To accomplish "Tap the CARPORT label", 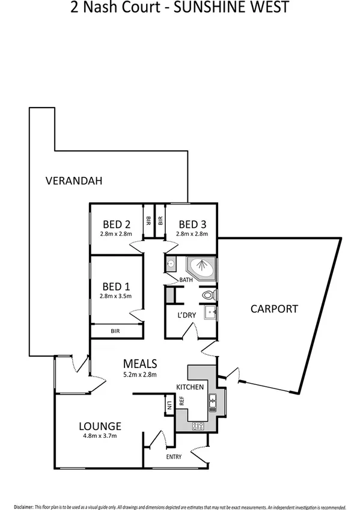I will tap(274, 309).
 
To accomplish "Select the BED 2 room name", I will tap(116, 224).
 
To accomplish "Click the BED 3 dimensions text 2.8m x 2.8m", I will tap(192, 234).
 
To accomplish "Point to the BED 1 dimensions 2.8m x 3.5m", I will tap(116, 295).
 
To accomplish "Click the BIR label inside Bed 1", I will tap(115, 331).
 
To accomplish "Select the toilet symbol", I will tap(209, 295).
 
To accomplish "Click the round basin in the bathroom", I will tap(171, 263).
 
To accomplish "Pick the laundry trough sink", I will tap(210, 312).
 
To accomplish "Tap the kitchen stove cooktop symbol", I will tap(198, 426).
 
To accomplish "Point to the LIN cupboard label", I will tap(169, 405).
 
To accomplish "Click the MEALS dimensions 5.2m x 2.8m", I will tap(139, 375).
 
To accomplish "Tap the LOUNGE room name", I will tap(100, 426).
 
